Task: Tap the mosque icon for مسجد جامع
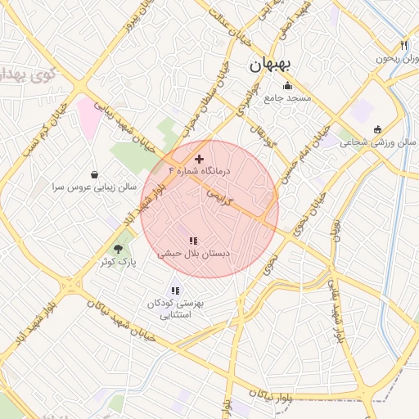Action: (x=287, y=86)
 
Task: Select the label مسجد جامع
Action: (x=287, y=98)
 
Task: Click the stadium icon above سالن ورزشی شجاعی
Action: (x=376, y=129)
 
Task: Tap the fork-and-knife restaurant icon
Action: (x=403, y=45)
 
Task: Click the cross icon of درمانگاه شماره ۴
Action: (x=199, y=158)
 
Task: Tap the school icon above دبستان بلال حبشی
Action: (x=193, y=241)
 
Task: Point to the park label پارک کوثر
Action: (x=120, y=262)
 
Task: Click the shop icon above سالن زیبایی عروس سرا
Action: (x=95, y=174)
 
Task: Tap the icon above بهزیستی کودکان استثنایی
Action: (x=174, y=290)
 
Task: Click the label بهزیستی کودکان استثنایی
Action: (x=173, y=308)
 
